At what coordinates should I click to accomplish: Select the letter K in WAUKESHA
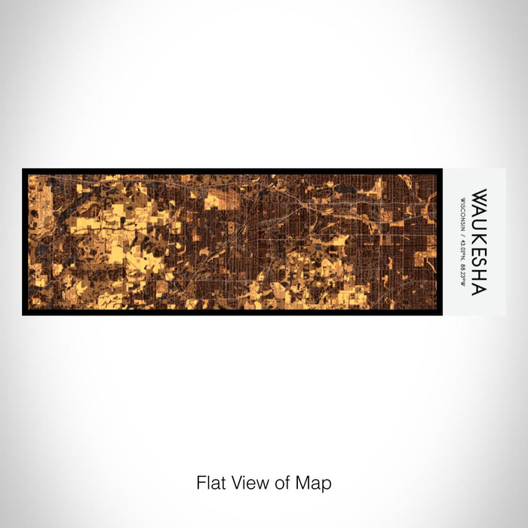tap(478, 237)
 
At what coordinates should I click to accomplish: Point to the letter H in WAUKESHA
tap(478, 275)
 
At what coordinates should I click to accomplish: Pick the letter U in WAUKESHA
tap(478, 224)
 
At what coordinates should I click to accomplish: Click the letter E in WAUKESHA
tap(478, 250)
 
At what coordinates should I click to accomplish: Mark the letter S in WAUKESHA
tap(478, 262)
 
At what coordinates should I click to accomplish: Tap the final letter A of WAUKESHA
tap(478, 288)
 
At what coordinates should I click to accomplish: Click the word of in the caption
tap(286, 483)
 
